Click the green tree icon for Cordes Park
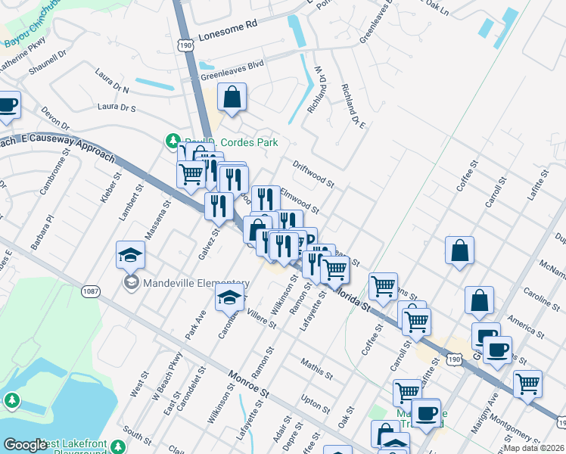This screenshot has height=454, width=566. pos(173,141)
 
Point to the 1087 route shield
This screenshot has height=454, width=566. pos(89,291)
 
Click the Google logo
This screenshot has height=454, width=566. pos(25,445)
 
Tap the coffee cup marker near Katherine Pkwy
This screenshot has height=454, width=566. pos(7,107)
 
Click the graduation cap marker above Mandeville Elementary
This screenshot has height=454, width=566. pos(130,256)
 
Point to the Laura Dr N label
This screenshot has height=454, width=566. pos(113,82)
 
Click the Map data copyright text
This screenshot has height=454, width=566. pos(534,448)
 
